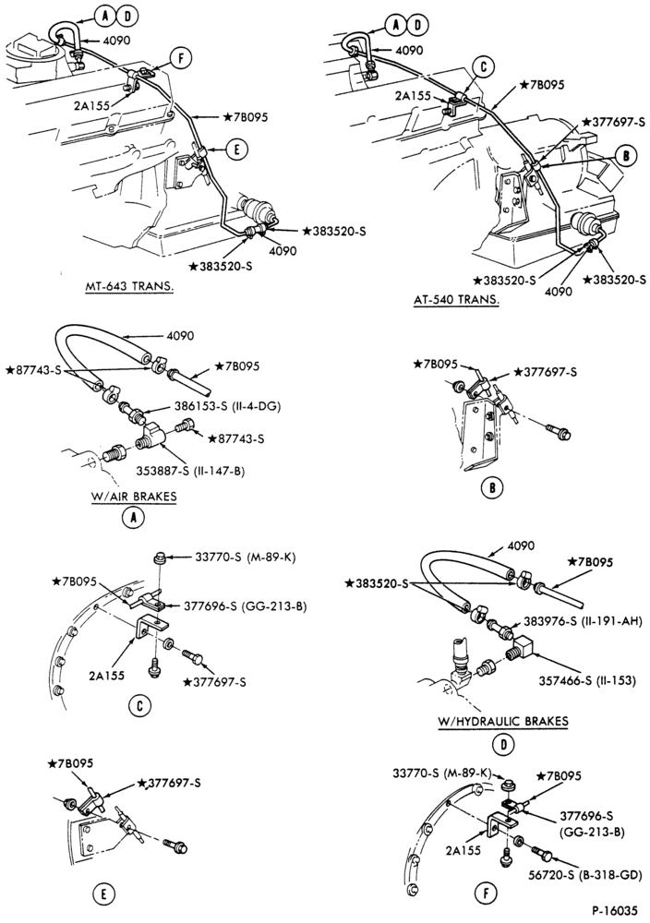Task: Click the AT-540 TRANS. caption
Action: click(456, 299)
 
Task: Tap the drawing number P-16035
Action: click(613, 910)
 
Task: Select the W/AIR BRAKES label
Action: click(134, 496)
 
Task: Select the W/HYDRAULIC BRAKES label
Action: click(503, 721)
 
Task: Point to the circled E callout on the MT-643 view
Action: click(236, 150)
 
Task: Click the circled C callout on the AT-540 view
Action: click(482, 67)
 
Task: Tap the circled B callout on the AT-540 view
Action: click(626, 155)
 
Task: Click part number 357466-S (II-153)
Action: click(587, 680)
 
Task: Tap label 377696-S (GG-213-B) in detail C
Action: click(244, 605)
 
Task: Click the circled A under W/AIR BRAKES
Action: click(133, 518)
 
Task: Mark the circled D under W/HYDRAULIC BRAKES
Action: click(503, 745)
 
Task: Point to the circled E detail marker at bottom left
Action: click(103, 894)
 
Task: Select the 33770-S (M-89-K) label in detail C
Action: click(244, 556)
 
